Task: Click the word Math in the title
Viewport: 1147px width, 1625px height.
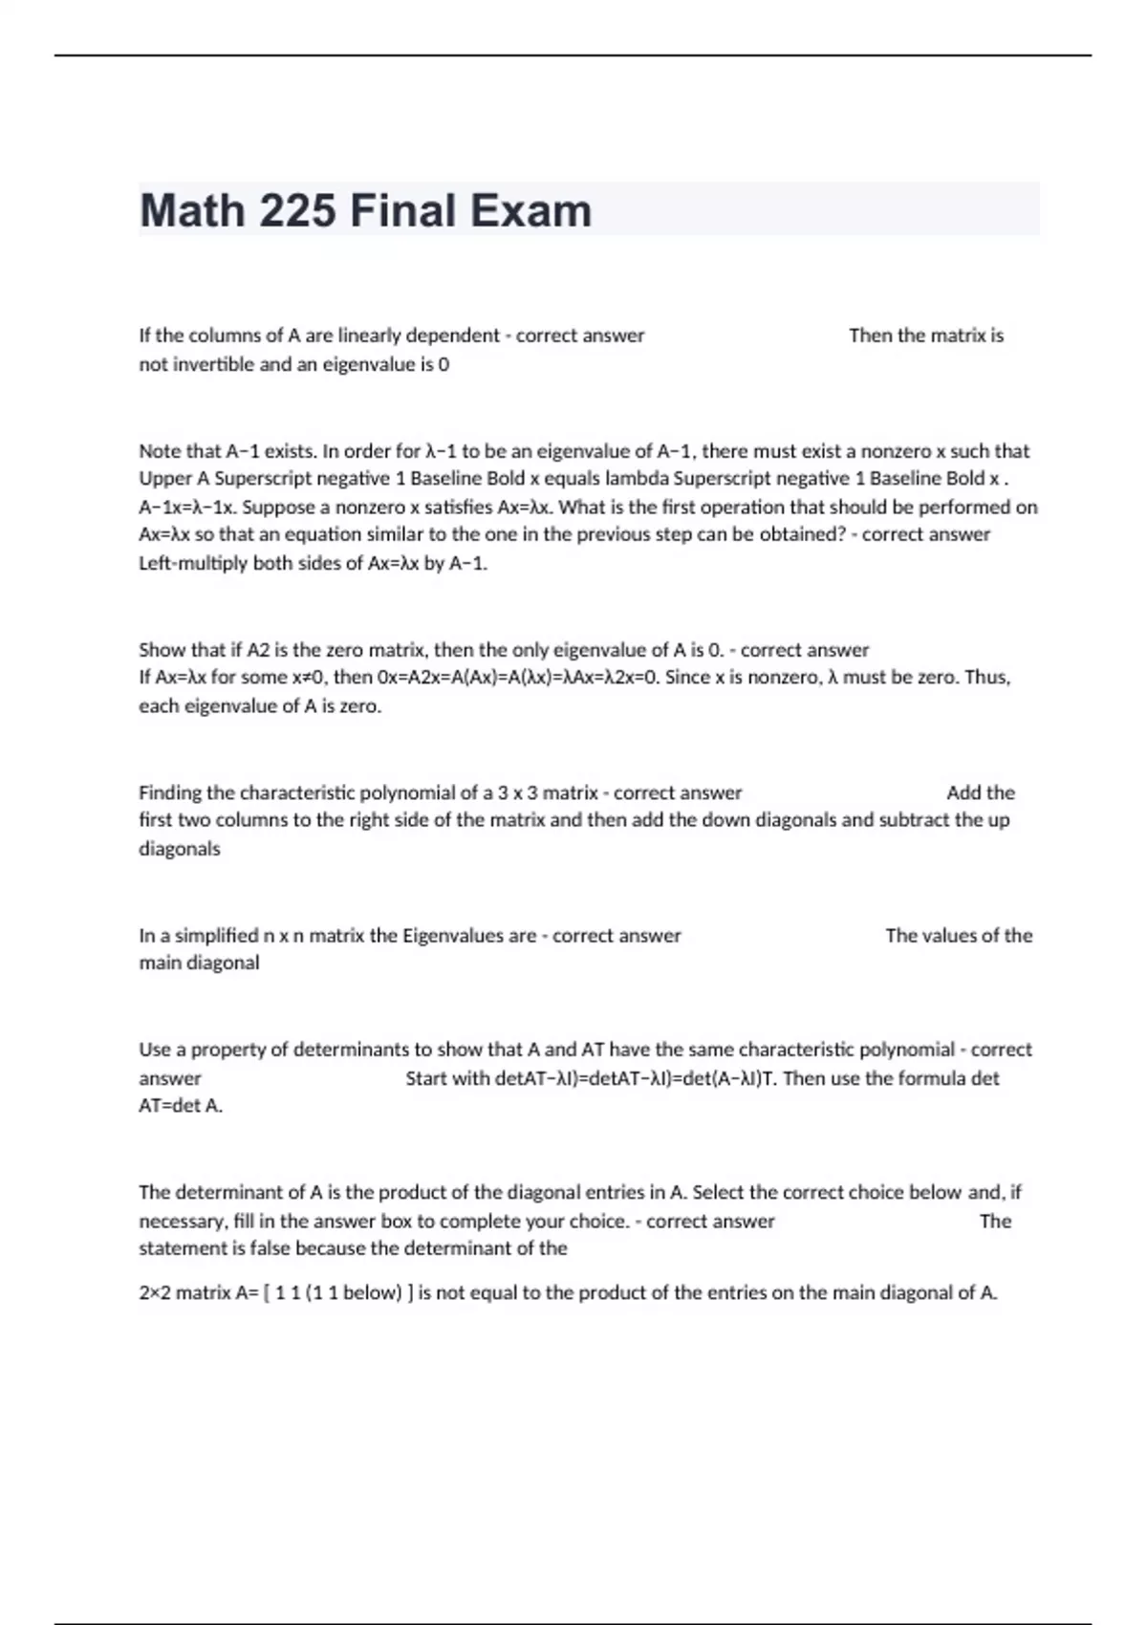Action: coord(191,211)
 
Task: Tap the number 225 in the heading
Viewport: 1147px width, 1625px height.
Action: coord(297,211)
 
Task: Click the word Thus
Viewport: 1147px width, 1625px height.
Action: coord(987,678)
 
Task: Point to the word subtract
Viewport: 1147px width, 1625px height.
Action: coord(914,820)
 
